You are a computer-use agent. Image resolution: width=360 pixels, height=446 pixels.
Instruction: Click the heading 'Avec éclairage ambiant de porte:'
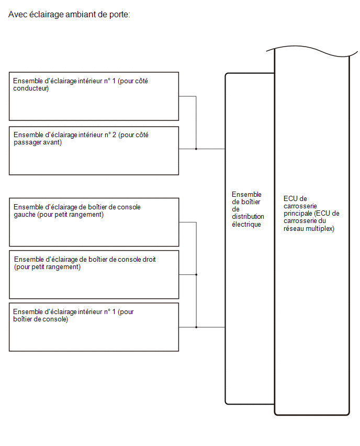[x=69, y=14]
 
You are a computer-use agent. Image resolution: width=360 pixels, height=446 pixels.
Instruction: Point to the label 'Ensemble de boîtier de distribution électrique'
[x=248, y=209]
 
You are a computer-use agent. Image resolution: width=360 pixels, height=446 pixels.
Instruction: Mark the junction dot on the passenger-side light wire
[x=196, y=149]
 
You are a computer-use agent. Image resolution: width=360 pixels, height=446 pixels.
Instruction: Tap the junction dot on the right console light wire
[x=196, y=274]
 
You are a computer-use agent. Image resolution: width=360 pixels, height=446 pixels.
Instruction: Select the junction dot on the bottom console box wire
[x=196, y=327]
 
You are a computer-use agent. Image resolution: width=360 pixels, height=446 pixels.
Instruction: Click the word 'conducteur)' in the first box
[x=31, y=88]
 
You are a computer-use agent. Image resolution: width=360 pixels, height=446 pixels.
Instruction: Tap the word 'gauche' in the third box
[x=25, y=215]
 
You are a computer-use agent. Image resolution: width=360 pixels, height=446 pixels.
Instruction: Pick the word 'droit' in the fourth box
[x=148, y=260]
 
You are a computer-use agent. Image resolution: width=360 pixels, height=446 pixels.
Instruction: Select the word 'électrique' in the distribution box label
[x=246, y=225]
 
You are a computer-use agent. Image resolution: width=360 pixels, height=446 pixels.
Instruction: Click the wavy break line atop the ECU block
[x=312, y=51]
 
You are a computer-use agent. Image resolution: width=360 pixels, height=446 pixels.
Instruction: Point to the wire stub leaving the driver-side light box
[x=187, y=96]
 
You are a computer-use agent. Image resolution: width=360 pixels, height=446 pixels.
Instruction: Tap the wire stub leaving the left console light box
[x=188, y=222]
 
